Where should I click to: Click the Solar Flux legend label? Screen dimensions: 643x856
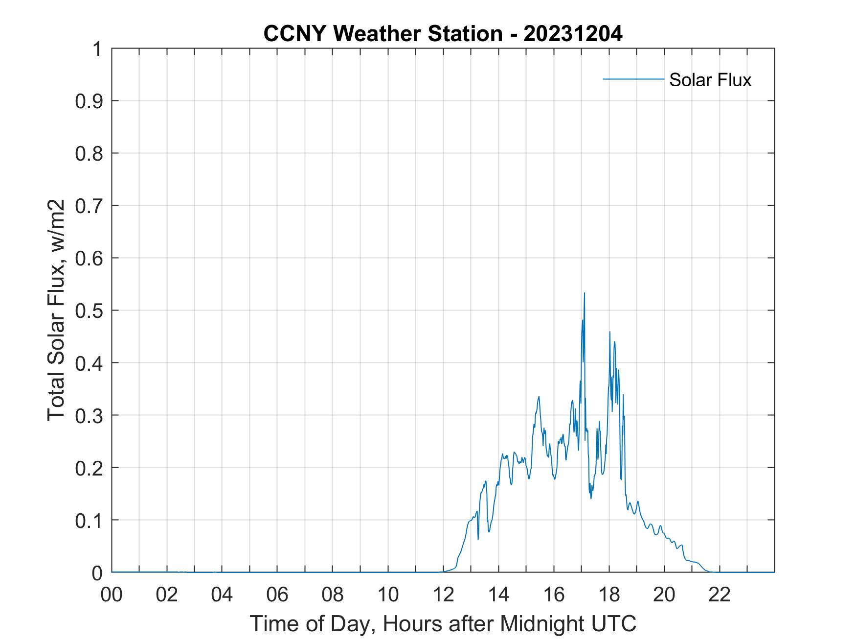pyautogui.click(x=710, y=80)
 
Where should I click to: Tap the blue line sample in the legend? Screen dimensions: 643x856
pyautogui.click(x=633, y=79)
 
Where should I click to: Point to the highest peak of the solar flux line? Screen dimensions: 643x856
pyautogui.click(x=584, y=293)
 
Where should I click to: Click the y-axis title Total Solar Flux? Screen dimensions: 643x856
pyautogui.click(x=57, y=310)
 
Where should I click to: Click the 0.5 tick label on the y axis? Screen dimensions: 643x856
pyautogui.click(x=90, y=310)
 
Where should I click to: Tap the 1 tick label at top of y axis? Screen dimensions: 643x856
pyautogui.click(x=97, y=49)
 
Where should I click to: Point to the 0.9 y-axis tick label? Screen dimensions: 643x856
pyautogui.click(x=90, y=101)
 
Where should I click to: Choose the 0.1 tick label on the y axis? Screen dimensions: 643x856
pyautogui.click(x=90, y=521)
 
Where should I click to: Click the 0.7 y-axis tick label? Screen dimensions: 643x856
pyautogui.click(x=90, y=206)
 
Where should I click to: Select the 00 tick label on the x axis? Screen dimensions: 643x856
pyautogui.click(x=112, y=595)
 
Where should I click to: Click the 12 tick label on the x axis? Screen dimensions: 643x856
pyautogui.click(x=443, y=595)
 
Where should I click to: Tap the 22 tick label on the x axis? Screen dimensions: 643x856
pyautogui.click(x=720, y=595)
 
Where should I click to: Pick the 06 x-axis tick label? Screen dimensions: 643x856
pyautogui.click(x=277, y=595)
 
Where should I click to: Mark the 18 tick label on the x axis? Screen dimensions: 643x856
pyautogui.click(x=609, y=595)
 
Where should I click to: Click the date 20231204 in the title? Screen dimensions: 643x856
pyautogui.click(x=573, y=34)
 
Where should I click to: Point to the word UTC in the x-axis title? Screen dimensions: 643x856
pyautogui.click(x=614, y=623)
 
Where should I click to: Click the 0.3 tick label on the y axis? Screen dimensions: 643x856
pyautogui.click(x=90, y=415)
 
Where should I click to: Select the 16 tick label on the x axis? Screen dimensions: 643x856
pyautogui.click(x=554, y=595)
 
